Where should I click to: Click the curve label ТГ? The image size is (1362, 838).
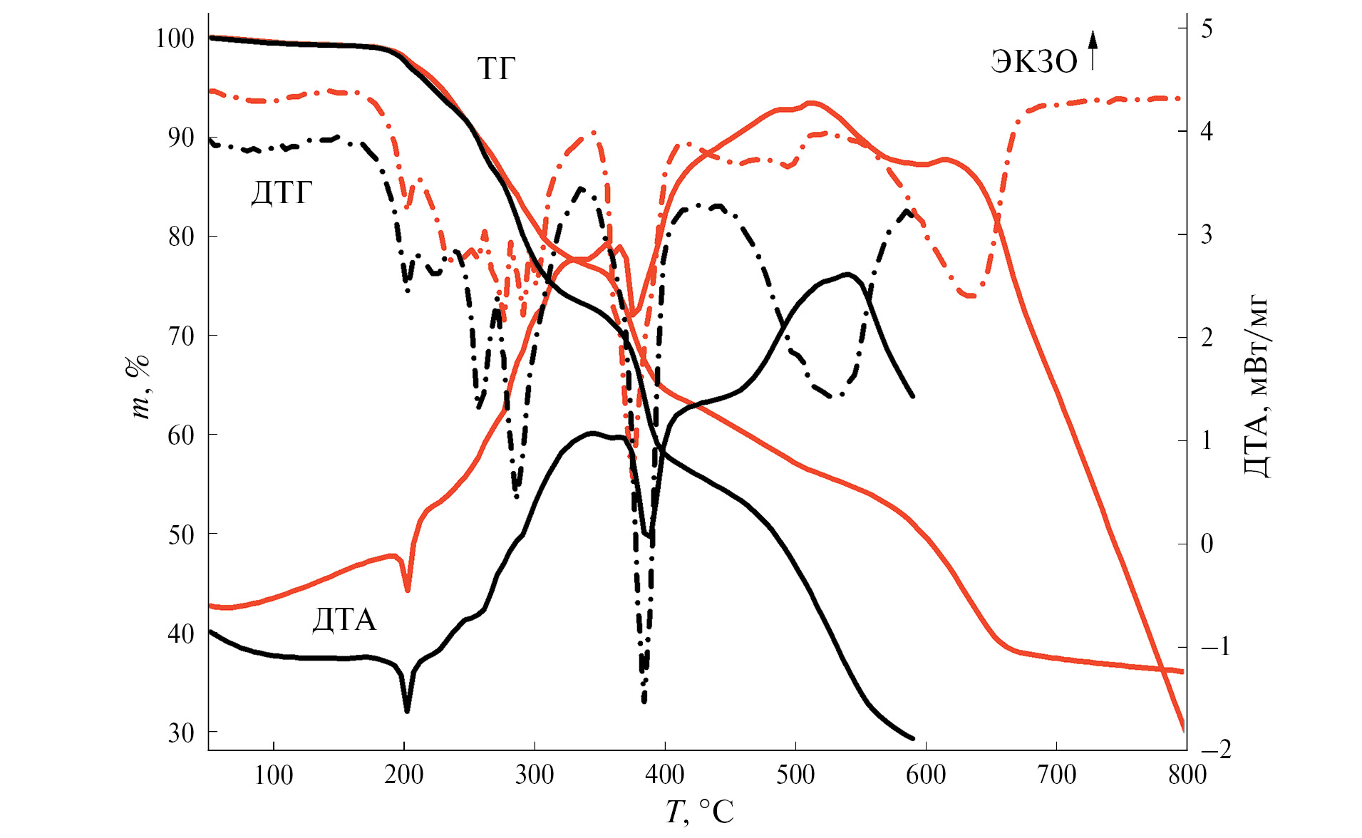click(496, 69)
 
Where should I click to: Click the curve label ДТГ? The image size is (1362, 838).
click(282, 193)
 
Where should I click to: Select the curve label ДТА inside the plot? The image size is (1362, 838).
click(344, 620)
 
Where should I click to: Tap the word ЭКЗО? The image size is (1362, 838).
click(1034, 62)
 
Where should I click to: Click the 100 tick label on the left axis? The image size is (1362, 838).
click(175, 38)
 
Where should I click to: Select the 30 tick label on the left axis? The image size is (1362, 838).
click(181, 733)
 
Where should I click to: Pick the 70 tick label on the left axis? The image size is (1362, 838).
click(181, 336)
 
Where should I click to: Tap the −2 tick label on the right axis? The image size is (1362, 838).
click(1216, 749)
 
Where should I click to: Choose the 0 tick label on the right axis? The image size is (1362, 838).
click(1207, 544)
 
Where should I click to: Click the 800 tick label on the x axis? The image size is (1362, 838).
click(1187, 775)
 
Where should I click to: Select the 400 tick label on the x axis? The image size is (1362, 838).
click(664, 775)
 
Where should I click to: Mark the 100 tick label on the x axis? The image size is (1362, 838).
click(274, 775)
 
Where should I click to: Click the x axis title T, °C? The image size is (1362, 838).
click(699, 812)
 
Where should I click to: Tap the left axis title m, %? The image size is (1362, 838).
click(140, 387)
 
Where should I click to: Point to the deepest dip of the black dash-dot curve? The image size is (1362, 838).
click(644, 700)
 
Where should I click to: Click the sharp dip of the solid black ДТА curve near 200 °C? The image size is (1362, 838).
click(407, 710)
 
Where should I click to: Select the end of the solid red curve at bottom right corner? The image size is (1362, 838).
click(1184, 730)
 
